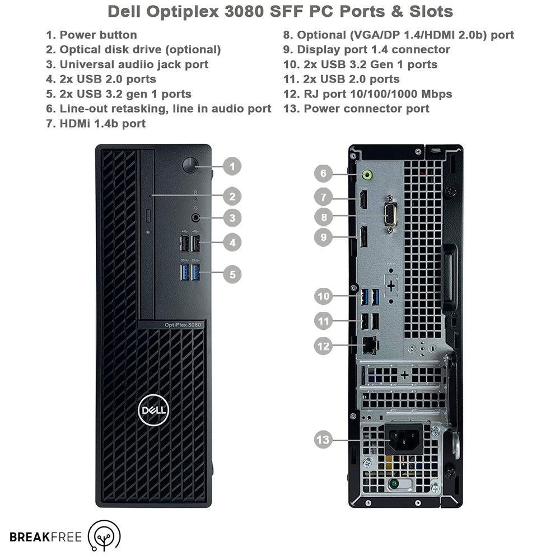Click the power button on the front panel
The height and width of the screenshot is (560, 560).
(190, 165)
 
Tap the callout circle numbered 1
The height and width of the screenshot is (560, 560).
(232, 166)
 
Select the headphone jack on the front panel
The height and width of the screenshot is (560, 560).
(195, 217)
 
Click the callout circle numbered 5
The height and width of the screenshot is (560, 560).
(232, 274)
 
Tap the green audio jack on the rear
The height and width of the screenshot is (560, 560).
(367, 175)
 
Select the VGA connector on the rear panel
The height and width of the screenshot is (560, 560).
(390, 215)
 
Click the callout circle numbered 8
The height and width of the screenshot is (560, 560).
(324, 217)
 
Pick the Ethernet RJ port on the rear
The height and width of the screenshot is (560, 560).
(370, 346)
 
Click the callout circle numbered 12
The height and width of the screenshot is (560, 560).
(323, 346)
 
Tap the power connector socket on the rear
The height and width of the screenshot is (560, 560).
(404, 439)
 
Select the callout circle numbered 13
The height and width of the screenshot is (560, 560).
(323, 439)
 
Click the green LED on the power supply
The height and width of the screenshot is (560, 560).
(394, 484)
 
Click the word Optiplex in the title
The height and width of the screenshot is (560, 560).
(183, 11)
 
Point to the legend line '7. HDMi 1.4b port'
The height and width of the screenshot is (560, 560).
(96, 124)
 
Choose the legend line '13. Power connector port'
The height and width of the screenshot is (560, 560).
(356, 109)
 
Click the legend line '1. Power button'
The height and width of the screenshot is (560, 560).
(91, 35)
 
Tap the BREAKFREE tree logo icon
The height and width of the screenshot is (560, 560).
(104, 535)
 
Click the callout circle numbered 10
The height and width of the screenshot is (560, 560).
(324, 296)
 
